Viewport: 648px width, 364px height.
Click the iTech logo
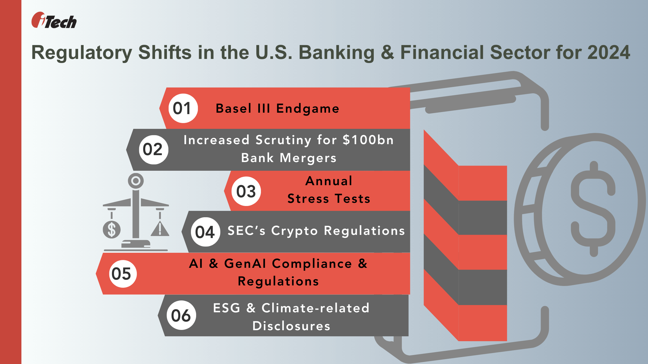(54, 21)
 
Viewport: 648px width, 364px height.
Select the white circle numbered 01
(183, 108)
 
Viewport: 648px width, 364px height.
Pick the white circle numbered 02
(153, 150)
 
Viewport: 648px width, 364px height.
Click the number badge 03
(246, 191)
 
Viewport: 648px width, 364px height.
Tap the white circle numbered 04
(205, 232)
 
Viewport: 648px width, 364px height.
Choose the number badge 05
(122, 274)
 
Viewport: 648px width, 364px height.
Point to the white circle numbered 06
(181, 315)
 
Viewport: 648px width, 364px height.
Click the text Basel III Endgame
(277, 109)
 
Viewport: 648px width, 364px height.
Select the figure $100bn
(368, 140)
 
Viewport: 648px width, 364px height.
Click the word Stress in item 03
(308, 199)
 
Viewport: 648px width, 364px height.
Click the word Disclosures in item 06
(291, 326)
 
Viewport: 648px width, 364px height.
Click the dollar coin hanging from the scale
(111, 230)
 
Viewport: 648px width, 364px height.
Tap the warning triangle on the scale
(160, 229)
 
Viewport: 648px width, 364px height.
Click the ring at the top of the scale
(136, 181)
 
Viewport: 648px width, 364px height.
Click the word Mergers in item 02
(308, 158)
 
